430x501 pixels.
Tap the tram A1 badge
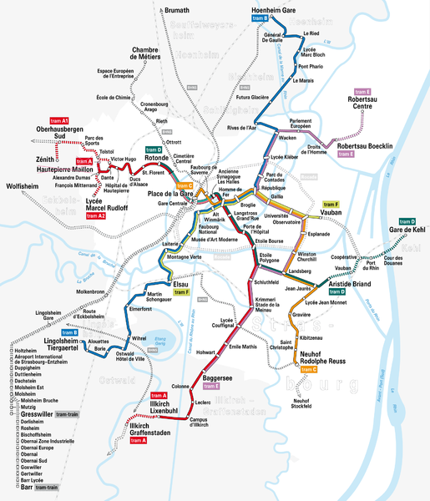pyautogui.click(x=59, y=120)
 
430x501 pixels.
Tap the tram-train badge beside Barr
pyautogui.click(x=47, y=487)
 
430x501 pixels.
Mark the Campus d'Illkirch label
pyautogui.click(x=198, y=423)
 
